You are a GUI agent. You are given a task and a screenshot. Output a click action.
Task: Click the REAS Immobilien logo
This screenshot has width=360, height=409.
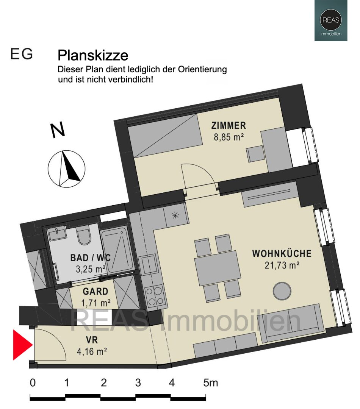point(330,20)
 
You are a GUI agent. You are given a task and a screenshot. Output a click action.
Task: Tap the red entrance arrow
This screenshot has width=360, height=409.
point(22,345)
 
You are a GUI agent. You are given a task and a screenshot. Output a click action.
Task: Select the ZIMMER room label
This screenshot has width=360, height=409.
point(229,126)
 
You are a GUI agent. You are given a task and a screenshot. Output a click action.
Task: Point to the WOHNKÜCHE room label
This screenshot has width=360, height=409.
point(282,253)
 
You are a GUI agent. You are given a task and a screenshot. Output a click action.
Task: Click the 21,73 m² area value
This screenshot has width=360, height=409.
point(282,265)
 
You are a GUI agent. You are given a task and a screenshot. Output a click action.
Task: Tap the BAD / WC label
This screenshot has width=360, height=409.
point(91,258)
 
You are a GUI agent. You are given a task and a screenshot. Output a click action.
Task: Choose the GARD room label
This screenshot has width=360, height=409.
point(95,292)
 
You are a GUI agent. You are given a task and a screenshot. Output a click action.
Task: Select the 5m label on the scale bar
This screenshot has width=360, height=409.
point(210,383)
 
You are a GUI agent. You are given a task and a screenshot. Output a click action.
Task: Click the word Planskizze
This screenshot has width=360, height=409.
point(92,56)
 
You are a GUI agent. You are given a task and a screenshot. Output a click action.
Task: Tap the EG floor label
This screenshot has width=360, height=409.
point(22,55)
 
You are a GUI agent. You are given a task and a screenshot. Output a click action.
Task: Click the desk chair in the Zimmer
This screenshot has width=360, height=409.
point(254,154)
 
